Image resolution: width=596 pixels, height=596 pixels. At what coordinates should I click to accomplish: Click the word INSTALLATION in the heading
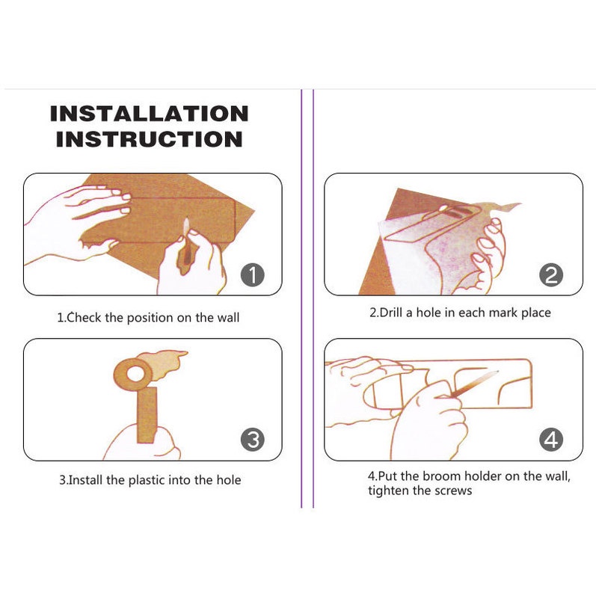(149, 114)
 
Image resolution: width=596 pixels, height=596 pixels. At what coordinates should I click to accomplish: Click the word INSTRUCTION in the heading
(149, 139)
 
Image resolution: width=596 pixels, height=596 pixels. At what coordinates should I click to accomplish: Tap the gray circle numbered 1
(253, 275)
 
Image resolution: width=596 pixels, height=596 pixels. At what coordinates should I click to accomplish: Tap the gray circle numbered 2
(551, 275)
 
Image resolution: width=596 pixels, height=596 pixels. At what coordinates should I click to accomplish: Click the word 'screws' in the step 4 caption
(452, 491)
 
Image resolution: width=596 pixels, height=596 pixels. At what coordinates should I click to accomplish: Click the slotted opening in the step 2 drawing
(455, 213)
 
